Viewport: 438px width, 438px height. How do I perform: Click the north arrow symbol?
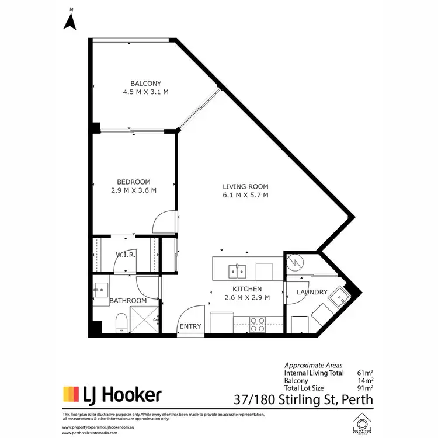(x=71, y=21)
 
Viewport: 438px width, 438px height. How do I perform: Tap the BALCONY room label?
(x=145, y=84)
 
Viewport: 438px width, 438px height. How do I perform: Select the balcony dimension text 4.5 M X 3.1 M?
(x=145, y=92)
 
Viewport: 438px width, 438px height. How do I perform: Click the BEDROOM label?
(x=134, y=182)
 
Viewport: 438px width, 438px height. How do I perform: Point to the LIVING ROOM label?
(x=245, y=187)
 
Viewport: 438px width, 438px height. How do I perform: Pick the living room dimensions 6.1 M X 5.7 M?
(x=245, y=195)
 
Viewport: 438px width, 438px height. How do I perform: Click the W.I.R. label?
(x=126, y=255)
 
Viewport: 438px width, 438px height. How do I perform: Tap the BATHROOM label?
(x=128, y=301)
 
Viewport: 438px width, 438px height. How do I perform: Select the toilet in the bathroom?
(x=121, y=322)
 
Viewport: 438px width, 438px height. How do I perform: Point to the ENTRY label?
(x=190, y=326)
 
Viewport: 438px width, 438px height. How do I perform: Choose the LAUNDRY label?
(x=311, y=292)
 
